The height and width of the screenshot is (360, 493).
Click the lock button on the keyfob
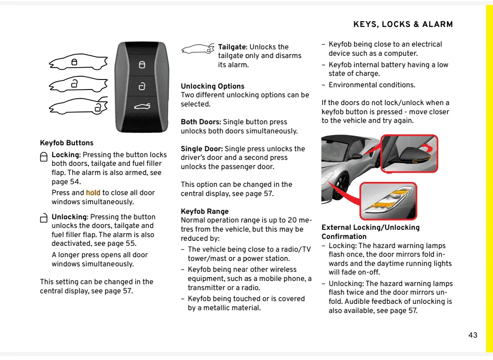[x=142, y=65]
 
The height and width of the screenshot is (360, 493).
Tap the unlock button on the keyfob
[x=142, y=86]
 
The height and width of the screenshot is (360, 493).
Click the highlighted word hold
[x=93, y=193]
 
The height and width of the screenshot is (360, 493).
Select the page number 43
[x=473, y=335]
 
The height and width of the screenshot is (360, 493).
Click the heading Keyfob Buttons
[x=67, y=143]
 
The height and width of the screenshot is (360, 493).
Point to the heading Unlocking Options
[x=212, y=86]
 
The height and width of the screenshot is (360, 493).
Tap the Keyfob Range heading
[x=205, y=212]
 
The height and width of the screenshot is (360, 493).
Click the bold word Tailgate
[x=232, y=47]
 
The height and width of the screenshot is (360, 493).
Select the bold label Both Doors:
[x=201, y=122]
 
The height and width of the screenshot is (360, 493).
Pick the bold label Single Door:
[x=202, y=149]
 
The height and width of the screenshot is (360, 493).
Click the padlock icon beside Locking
[x=44, y=157]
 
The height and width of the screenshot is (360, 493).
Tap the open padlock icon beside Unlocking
[x=44, y=218]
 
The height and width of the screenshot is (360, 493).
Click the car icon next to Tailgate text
[x=198, y=49]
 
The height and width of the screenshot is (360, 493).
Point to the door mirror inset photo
[x=409, y=154]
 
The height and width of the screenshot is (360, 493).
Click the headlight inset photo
[x=388, y=201]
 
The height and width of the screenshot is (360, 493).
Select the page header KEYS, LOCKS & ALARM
[x=403, y=25]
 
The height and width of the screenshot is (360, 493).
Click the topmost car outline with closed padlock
[x=78, y=62]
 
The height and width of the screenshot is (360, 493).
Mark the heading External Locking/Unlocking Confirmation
[x=370, y=232]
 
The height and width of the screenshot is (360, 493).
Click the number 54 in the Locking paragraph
[x=75, y=182]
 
